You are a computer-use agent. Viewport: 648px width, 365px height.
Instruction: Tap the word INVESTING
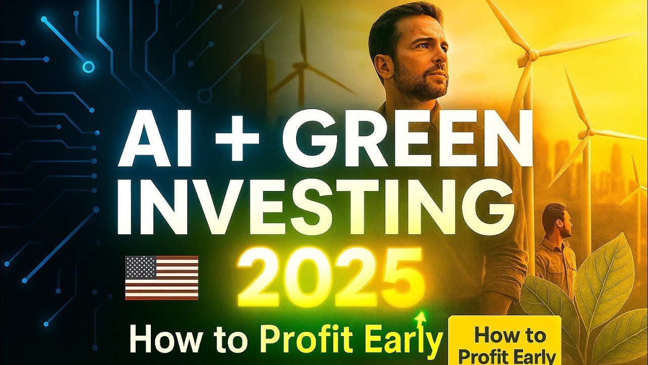tap(312, 209)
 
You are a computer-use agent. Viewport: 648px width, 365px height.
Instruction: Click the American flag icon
tap(161, 277)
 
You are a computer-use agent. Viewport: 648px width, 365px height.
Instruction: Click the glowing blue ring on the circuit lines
tap(89, 66)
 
